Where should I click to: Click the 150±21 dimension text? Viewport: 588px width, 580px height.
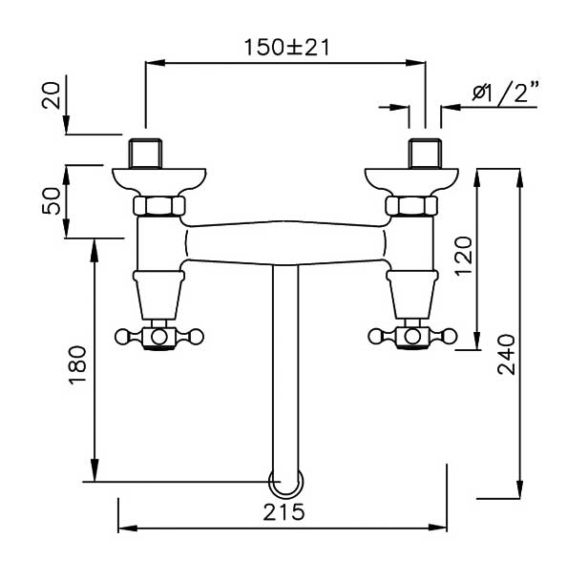pos(283,46)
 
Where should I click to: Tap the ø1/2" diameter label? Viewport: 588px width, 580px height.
pos(505,93)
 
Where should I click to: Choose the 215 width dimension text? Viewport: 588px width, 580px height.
pos(283,512)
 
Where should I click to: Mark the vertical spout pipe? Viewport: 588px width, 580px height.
pos(283,372)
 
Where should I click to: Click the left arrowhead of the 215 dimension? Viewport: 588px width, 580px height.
pos(124,527)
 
